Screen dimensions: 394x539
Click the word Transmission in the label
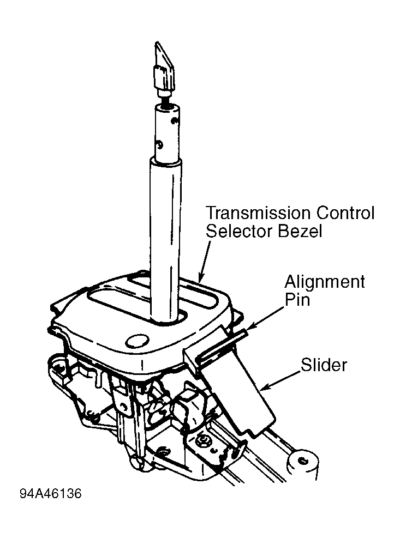pyautogui.click(x=259, y=213)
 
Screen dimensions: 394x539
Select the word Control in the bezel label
pyautogui.click(x=345, y=213)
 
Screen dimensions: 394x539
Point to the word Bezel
pyautogui.click(x=300, y=231)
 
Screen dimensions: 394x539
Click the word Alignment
pyautogui.click(x=325, y=282)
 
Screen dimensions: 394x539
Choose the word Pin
pyautogui.click(x=297, y=299)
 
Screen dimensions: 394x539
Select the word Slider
pyautogui.click(x=324, y=365)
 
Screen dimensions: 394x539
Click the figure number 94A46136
pyautogui.click(x=51, y=494)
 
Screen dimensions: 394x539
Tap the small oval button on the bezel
pyautogui.click(x=137, y=341)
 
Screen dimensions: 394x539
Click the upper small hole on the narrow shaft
pyautogui.click(x=175, y=120)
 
